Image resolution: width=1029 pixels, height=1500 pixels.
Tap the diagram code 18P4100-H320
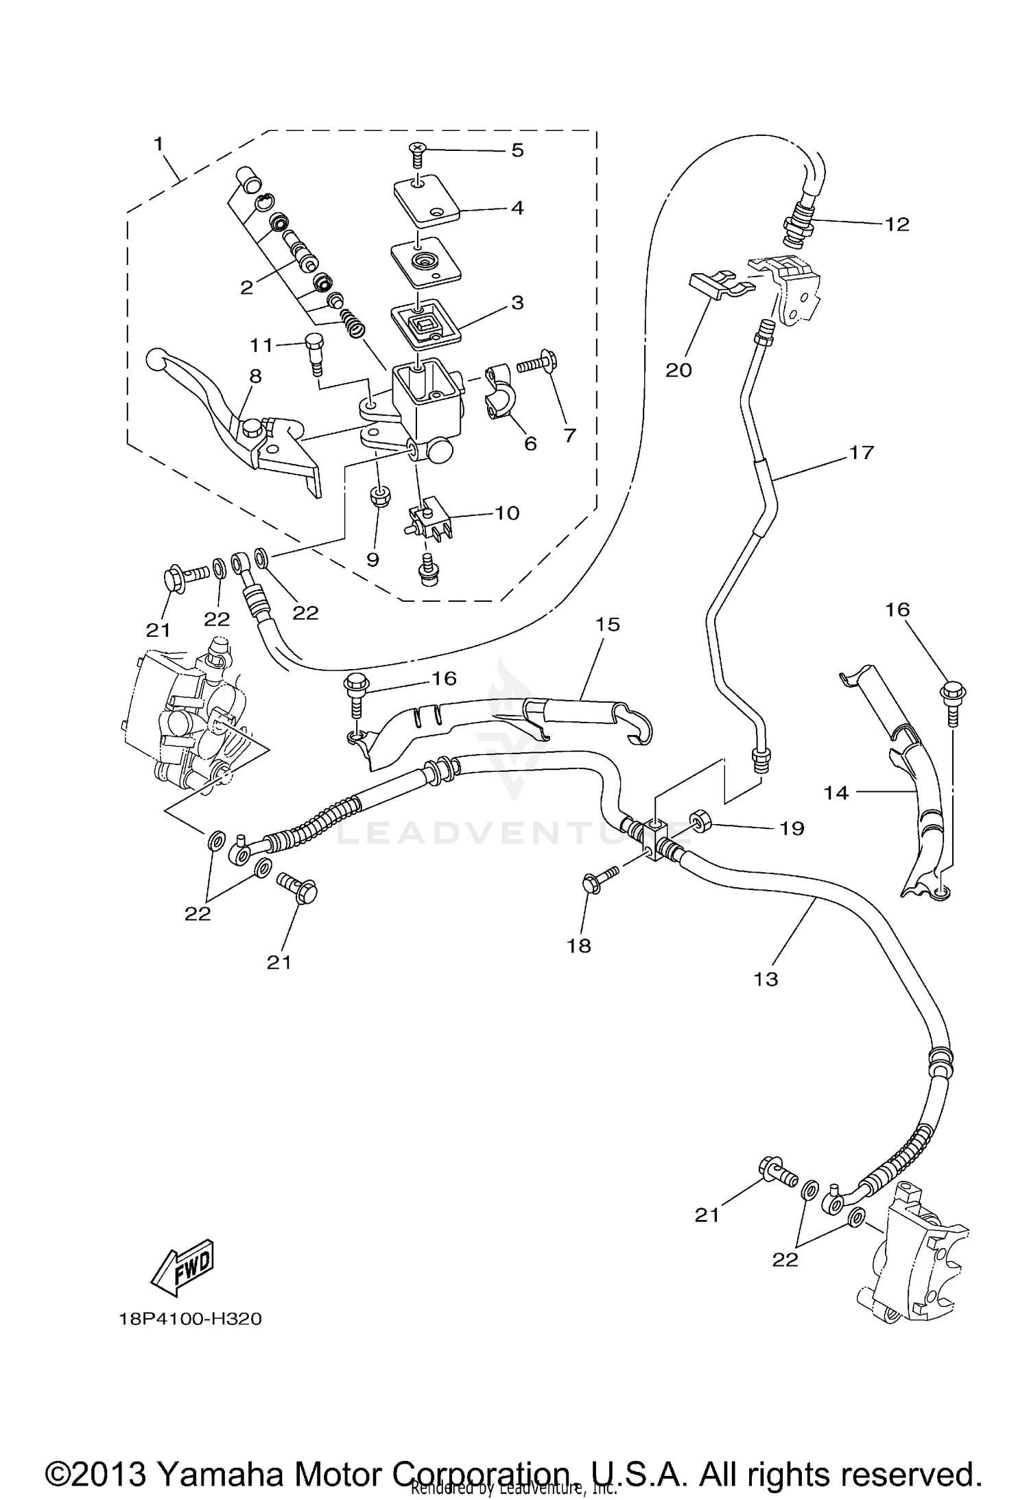pos(190,1319)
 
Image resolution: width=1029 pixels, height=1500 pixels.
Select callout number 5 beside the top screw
pos(517,150)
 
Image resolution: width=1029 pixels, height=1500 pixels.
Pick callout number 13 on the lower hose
pos(766,978)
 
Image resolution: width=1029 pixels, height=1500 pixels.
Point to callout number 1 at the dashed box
pos(158,144)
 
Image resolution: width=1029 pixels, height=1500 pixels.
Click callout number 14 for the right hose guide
pos(836,793)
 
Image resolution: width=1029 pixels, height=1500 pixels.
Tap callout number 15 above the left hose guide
pos(607,624)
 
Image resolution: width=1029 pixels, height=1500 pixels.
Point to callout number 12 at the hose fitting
pos(897,224)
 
